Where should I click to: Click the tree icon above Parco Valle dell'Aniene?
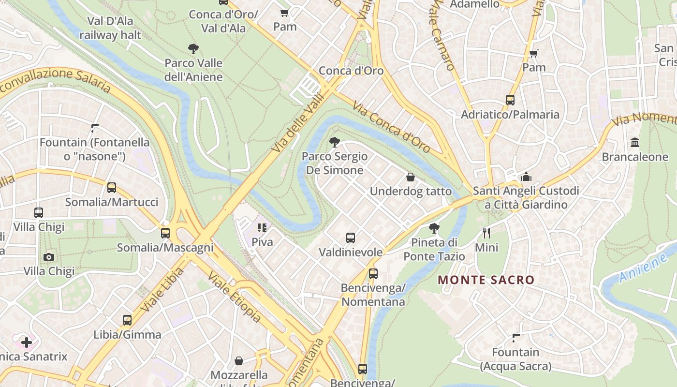(193, 48)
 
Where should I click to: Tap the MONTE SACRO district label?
(486, 280)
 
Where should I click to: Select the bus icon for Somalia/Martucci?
(112, 188)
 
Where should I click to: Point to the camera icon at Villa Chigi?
(49, 257)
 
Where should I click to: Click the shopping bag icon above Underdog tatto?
(411, 177)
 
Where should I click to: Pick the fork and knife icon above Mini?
(486, 233)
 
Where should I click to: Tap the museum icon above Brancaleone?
(635, 143)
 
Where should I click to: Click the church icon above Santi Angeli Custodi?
(526, 177)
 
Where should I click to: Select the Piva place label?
(262, 241)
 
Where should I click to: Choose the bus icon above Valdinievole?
(351, 238)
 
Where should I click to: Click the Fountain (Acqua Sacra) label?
(515, 359)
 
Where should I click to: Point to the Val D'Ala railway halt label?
(110, 28)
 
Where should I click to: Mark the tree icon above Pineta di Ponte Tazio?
(434, 228)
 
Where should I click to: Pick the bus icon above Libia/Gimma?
(127, 320)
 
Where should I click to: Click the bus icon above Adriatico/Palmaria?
(510, 100)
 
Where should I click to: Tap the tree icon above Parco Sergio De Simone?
(334, 142)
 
